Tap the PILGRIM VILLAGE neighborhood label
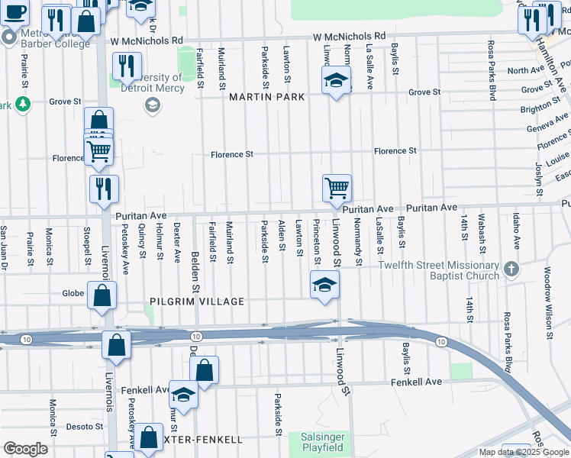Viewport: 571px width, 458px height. (x=197, y=302)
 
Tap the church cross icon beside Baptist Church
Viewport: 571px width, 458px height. (x=511, y=269)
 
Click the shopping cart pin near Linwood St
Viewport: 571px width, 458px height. (x=337, y=186)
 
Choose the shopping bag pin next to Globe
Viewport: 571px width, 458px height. (x=102, y=295)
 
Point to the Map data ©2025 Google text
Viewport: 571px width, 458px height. (x=523, y=452)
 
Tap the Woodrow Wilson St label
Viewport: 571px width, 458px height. (x=547, y=302)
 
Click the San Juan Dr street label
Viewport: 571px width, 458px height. (x=5, y=244)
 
